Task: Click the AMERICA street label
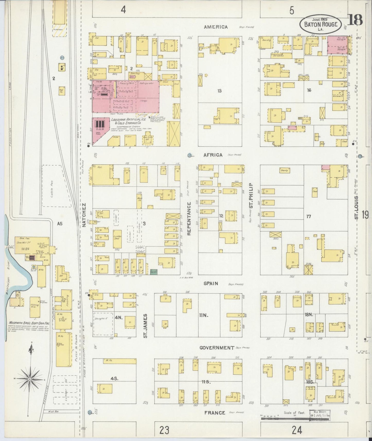(x=216, y=27)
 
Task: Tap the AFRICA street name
(x=213, y=155)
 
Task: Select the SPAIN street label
(x=211, y=283)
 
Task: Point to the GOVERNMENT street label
(x=217, y=348)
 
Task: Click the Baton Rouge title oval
(x=321, y=24)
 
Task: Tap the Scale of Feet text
(x=294, y=412)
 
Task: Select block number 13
(x=219, y=91)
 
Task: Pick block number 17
(x=308, y=216)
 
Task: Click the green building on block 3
(x=154, y=271)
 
